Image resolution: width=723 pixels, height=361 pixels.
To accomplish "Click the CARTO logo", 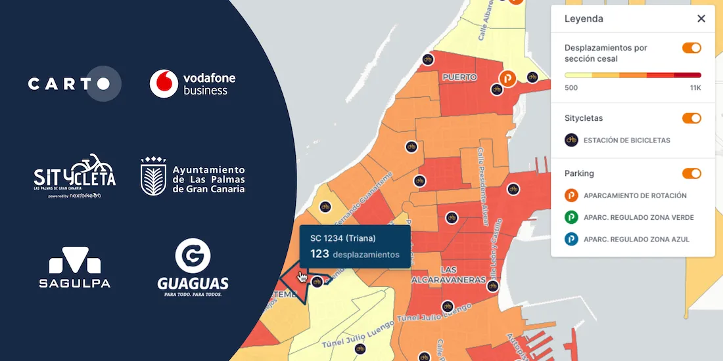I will (x=74, y=84).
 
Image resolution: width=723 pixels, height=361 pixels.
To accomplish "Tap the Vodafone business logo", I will (x=192, y=83).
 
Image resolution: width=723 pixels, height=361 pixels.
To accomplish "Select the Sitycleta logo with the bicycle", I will (x=74, y=176).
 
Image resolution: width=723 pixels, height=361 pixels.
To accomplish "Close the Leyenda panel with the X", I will (x=701, y=18).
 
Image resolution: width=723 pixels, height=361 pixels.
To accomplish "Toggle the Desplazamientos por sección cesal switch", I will (x=691, y=48).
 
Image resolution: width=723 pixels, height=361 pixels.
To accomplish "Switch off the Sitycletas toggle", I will (x=691, y=118).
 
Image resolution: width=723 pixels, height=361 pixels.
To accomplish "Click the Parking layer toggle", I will (x=691, y=173).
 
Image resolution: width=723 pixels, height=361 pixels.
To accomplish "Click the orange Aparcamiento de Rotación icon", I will (x=572, y=196).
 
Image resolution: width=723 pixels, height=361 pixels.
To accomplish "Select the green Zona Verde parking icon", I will (x=572, y=217).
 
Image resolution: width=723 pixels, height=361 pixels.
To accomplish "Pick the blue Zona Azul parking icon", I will (x=572, y=239).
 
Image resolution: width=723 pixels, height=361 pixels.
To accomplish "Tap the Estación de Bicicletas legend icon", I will (x=572, y=140).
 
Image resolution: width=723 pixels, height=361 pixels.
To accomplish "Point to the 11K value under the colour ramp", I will (x=695, y=88).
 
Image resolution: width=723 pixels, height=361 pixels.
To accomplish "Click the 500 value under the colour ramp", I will (x=571, y=88).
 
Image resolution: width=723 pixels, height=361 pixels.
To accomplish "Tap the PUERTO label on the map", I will (x=459, y=77).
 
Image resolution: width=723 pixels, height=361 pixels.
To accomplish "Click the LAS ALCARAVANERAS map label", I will (x=448, y=274).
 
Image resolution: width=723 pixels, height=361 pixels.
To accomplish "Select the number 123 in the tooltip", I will (x=319, y=254).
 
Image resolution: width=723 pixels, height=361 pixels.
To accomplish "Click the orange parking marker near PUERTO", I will (x=507, y=79).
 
